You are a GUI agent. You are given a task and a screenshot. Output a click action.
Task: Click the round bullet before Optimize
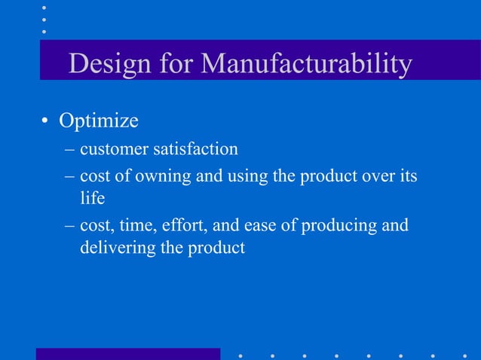click(46, 122)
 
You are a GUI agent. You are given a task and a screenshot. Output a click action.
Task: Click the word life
click(91, 198)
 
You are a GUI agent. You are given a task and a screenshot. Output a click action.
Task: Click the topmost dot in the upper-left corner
click(44, 7)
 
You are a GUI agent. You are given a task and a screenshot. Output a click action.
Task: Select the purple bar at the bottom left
click(128, 353)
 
